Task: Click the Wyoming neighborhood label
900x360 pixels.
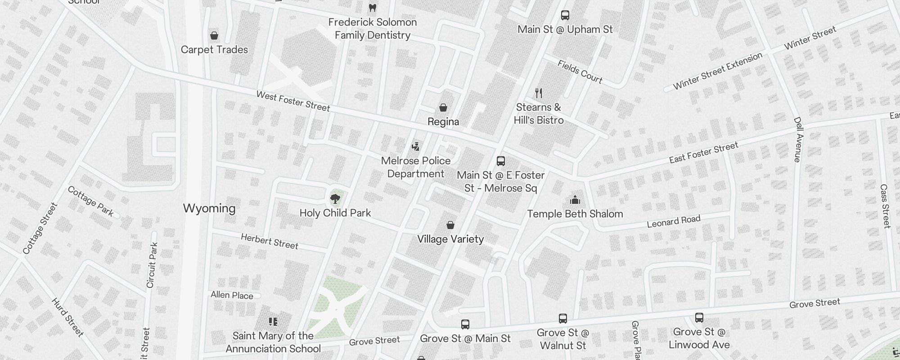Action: (209, 208)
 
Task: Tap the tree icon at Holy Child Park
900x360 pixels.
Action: (335, 198)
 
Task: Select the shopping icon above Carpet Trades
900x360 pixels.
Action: (214, 35)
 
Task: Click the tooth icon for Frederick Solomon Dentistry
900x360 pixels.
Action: (372, 8)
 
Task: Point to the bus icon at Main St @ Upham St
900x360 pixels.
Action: (565, 15)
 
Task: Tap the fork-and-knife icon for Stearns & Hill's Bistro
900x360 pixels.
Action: (539, 93)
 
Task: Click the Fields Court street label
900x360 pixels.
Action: (580, 72)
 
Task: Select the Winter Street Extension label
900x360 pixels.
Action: (717, 71)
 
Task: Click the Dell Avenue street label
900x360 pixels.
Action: (798, 139)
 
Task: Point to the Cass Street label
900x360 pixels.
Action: (885, 206)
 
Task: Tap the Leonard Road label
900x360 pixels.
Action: (673, 221)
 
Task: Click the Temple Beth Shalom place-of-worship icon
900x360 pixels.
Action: (575, 200)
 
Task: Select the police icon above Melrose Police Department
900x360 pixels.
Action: (415, 146)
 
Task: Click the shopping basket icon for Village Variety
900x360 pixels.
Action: (450, 225)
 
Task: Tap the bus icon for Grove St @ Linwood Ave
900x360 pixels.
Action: (699, 318)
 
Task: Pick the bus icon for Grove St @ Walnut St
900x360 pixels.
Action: (562, 319)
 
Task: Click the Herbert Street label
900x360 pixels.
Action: (269, 241)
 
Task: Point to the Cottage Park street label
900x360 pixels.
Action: (90, 201)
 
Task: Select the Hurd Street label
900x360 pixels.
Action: (67, 317)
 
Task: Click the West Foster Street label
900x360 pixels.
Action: (293, 101)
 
